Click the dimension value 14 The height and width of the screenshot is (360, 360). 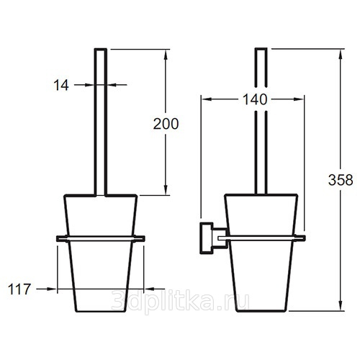pyautogui.click(x=61, y=85)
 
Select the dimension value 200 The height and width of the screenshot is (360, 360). pyautogui.click(x=166, y=124)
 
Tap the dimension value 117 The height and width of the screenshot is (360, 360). pyautogui.click(x=19, y=289)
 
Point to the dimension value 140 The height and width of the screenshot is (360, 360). pyautogui.click(x=255, y=99)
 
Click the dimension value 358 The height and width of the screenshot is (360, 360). pyautogui.click(x=341, y=180)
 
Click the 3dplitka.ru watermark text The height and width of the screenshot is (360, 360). pyautogui.click(x=180, y=300)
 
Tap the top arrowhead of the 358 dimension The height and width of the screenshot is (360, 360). pyautogui.click(x=341, y=54)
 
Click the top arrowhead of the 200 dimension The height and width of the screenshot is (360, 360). pyautogui.click(x=166, y=54)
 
